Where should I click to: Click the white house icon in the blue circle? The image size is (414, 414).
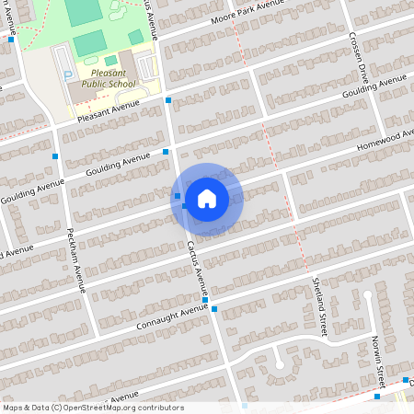[207, 198]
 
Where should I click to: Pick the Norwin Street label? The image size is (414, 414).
[377, 360]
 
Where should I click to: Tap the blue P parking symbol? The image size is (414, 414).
[66, 73]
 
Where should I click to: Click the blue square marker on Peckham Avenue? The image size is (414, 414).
[56, 156]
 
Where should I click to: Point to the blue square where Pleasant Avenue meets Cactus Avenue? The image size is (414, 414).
[168, 99]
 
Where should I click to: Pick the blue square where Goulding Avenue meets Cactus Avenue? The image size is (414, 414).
[166, 151]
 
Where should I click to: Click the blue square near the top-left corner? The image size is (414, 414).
[11, 40]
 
